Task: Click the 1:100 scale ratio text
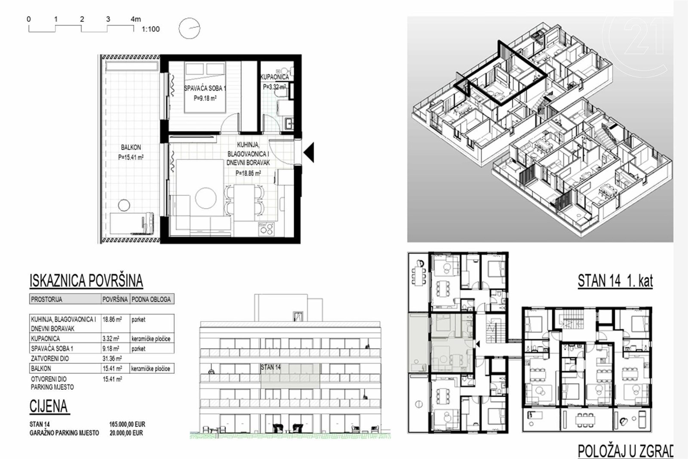pos(150,29)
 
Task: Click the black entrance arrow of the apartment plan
pos(309,152)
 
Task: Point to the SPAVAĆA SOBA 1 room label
pos(205,89)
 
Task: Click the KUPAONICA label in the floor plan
pos(275,77)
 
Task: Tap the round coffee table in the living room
pos(206,198)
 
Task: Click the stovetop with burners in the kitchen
pos(266,229)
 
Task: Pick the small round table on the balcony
pos(124,205)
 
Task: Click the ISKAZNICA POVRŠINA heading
pos(86,281)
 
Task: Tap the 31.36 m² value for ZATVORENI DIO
pos(112,358)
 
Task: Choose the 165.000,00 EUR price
pos(127,424)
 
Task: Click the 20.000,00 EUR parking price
pos(126,433)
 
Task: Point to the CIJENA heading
pos(49,406)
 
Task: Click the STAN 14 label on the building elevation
pos(270,367)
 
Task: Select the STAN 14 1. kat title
pos(615,281)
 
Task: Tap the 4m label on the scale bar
pos(136,19)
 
